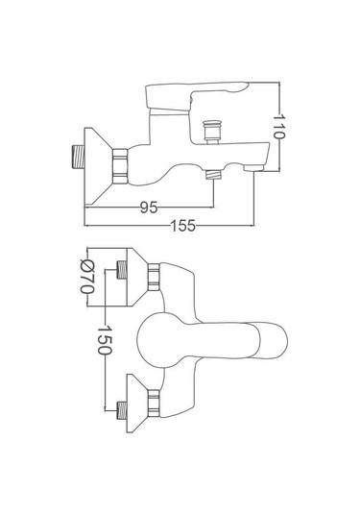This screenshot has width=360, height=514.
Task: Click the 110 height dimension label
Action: pos(279,126)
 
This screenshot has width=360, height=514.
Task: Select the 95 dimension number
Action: pos(149,208)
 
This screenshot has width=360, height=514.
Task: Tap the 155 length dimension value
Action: pos(183,226)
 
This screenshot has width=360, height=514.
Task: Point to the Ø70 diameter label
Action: pos(87,277)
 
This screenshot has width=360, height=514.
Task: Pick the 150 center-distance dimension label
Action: pos(106,339)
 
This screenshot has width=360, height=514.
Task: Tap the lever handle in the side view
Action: pos(197,98)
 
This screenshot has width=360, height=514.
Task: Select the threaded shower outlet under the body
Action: pos(214,175)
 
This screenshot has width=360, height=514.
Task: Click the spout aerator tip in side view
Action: pos(253,168)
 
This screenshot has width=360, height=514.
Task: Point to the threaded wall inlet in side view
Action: pos(78,157)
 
